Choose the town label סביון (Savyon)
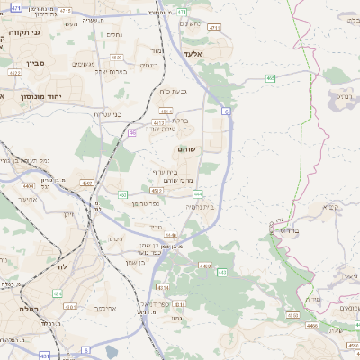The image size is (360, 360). (x=27, y=64)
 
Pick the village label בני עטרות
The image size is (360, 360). (x=106, y=114)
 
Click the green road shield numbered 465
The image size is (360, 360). (x=271, y=78)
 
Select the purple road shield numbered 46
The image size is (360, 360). (x=131, y=132)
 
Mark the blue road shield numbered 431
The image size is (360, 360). (x=44, y=355)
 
